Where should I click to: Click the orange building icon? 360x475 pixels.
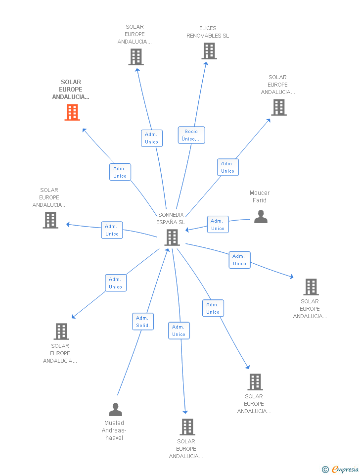[72, 112]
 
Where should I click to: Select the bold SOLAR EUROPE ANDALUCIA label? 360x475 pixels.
[71, 90]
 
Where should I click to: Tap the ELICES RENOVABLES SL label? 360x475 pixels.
[208, 32]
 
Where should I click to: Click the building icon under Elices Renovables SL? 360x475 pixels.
[209, 51]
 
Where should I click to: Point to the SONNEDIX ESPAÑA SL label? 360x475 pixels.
[171, 218]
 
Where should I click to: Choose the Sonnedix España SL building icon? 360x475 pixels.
[172, 237]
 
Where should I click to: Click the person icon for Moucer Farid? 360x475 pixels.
[261, 216]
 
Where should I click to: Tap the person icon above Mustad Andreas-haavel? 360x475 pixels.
[115, 410]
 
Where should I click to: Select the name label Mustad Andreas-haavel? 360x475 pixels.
[114, 430]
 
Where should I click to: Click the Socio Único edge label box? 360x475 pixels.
[191, 135]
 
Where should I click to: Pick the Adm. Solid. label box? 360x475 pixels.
[143, 322]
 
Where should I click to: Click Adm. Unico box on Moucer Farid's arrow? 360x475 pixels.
[218, 225]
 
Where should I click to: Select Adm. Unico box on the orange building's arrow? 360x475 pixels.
[120, 172]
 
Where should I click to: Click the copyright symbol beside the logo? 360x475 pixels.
[325, 470]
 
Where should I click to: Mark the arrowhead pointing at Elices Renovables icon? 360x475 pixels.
[206, 63]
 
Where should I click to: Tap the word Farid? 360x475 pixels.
[260, 200]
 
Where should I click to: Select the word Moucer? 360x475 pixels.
[260, 193]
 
